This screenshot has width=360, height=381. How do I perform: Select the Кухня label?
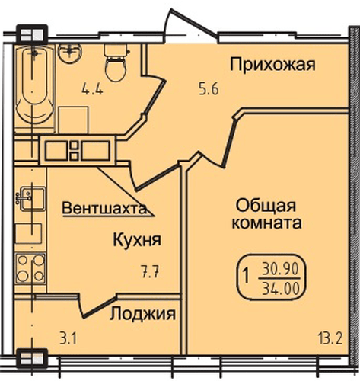pyautogui.click(x=135, y=240)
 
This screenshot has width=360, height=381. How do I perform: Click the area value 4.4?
pyautogui.click(x=93, y=88)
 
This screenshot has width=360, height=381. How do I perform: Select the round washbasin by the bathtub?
pyautogui.click(x=71, y=50)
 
